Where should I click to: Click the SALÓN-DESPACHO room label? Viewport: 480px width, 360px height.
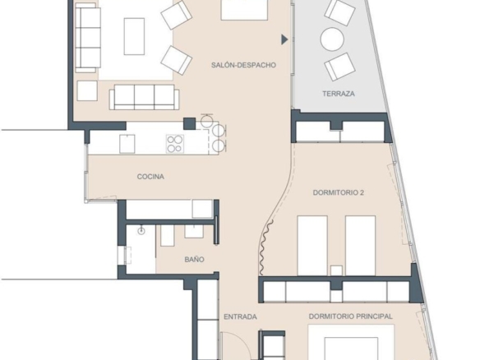(243, 65)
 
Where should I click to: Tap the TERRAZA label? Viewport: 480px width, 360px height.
(339, 94)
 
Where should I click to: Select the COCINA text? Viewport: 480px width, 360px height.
(150, 177)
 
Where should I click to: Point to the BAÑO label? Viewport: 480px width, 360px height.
(195, 259)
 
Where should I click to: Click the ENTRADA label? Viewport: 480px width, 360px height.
(240, 316)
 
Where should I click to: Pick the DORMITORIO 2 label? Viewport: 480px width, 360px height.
(339, 192)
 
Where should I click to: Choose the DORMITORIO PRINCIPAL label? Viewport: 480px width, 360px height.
(350, 316)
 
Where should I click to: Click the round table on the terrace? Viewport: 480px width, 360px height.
(332, 39)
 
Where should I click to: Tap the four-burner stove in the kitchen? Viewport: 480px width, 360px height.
(175, 144)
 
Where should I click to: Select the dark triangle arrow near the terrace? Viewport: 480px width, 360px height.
(284, 39)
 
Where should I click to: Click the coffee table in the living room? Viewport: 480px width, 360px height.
(134, 36)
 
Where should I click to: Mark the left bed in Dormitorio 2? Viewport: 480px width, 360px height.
(312, 246)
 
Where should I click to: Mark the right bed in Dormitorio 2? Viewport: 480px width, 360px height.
(360, 246)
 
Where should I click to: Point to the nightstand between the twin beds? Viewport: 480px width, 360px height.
(336, 270)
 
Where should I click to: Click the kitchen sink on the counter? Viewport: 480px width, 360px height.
(127, 144)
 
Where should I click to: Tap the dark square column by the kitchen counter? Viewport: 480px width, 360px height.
(190, 123)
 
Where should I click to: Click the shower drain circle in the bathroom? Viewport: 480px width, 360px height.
(141, 231)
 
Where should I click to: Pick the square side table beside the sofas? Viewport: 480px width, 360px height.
(87, 90)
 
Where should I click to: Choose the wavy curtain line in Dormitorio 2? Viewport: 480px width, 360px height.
(264, 247)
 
